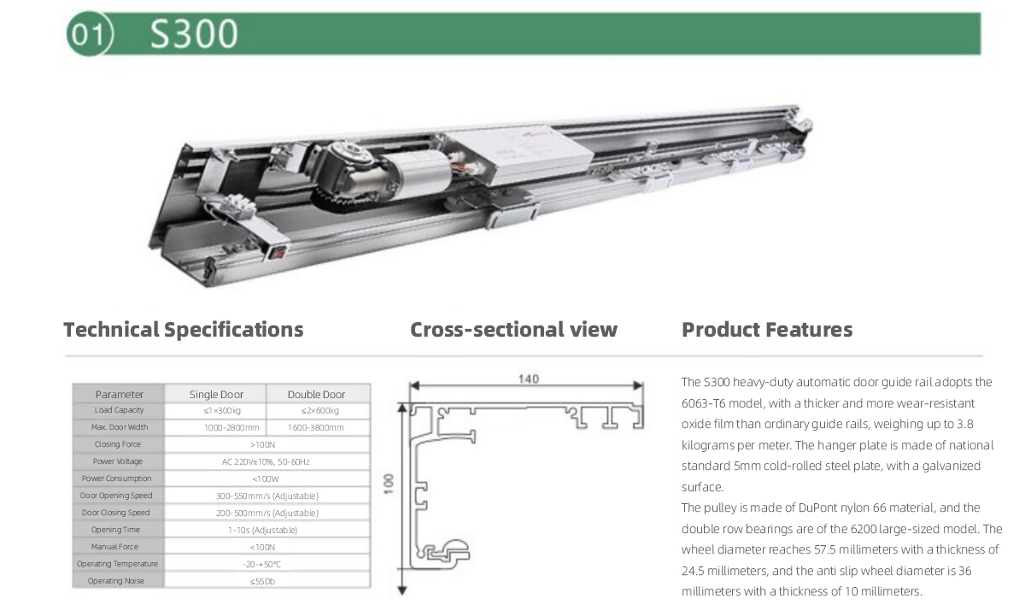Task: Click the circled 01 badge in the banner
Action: [89, 34]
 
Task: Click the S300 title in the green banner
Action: [194, 34]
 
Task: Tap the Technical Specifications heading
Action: [184, 330]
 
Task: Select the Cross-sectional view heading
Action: [513, 330]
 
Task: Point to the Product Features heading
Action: [767, 330]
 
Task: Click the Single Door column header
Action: [216, 394]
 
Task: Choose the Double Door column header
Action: [316, 394]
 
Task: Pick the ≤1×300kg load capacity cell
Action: [222, 410]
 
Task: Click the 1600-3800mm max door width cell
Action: [316, 427]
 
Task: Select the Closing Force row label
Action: [118, 444]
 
